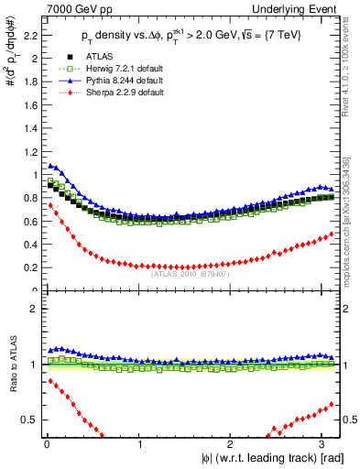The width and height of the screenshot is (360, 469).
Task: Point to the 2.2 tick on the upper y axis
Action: click(x=30, y=36)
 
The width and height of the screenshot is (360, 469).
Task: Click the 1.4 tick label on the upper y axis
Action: click(x=30, y=129)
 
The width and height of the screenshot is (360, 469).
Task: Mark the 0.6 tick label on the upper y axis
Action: click(x=30, y=222)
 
